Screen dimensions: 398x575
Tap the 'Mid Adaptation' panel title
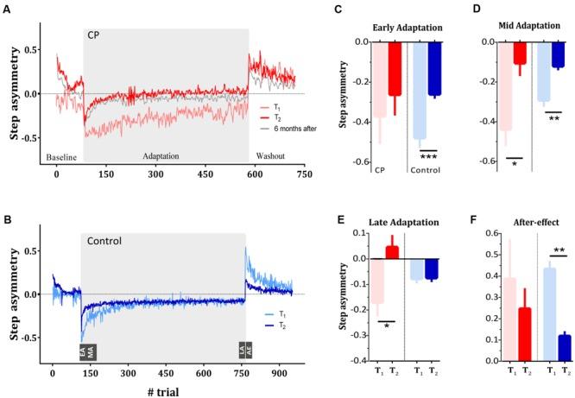coord(524,27)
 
